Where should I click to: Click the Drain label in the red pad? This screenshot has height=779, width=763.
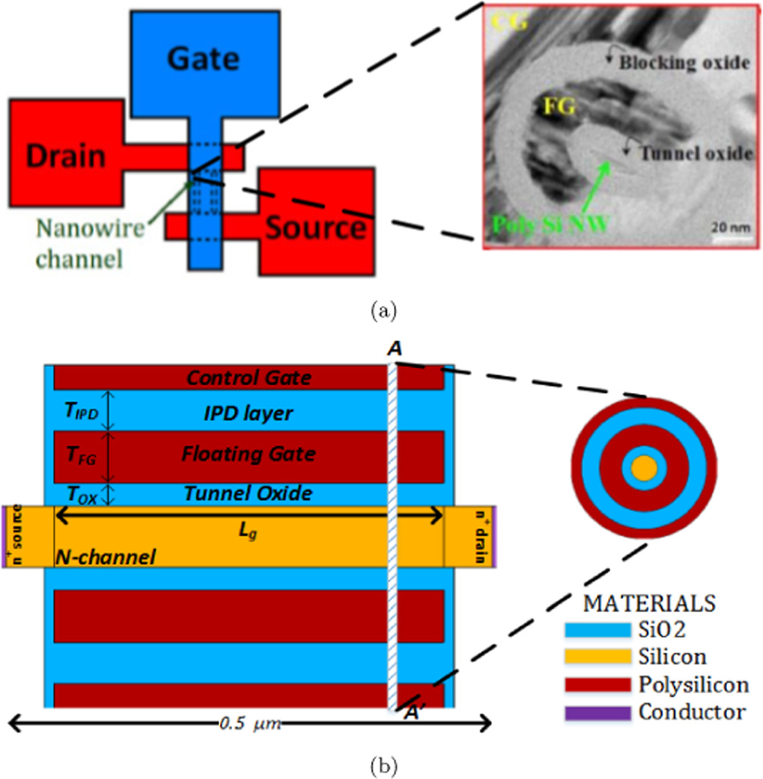click(x=66, y=156)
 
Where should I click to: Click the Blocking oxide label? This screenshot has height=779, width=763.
click(x=684, y=64)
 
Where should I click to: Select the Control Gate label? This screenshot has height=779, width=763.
click(x=248, y=379)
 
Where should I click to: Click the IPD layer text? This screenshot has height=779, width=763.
click(x=248, y=413)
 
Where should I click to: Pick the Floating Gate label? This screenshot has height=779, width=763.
click(x=248, y=454)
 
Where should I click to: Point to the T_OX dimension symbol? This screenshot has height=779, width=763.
click(x=81, y=495)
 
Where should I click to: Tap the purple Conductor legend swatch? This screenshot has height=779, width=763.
click(x=597, y=711)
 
